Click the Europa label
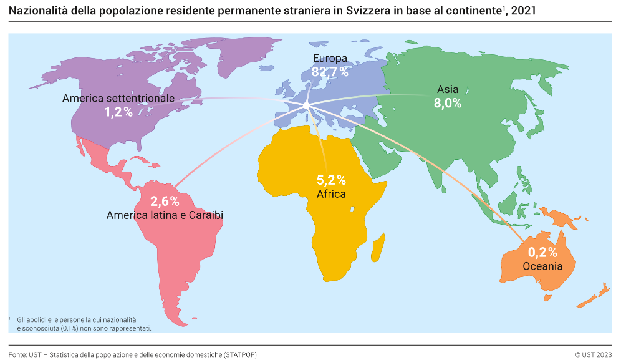point(330,59)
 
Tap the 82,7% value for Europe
point(330,72)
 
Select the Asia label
point(448,89)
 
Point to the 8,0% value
point(448,104)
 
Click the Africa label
point(331,194)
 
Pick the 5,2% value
point(331,180)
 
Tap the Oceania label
point(542,266)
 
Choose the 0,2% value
point(542,253)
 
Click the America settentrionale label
point(118,99)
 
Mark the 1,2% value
point(118,112)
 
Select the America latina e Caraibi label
point(165,215)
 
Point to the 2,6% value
point(165,202)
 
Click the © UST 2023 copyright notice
point(593,354)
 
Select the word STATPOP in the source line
point(239,354)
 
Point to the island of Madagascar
point(378,251)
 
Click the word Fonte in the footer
point(17,354)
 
